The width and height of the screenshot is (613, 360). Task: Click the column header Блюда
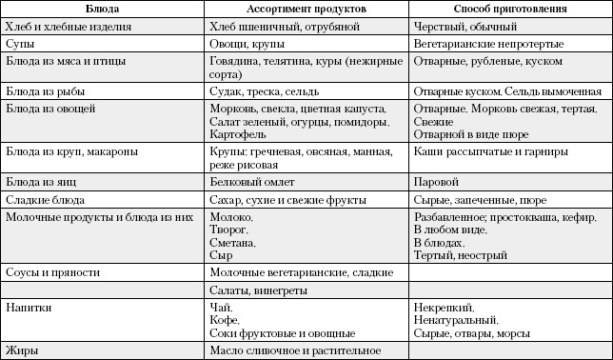click(102, 10)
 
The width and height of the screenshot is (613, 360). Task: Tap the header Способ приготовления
click(510, 10)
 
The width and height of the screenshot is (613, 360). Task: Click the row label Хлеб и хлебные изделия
click(69, 28)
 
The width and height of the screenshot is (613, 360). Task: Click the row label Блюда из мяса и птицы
click(64, 61)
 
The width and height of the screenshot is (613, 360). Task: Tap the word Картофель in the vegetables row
click(237, 135)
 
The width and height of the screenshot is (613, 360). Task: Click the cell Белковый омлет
click(250, 182)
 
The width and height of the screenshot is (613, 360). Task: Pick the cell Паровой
click(437, 182)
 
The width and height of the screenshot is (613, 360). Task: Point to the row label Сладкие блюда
click(45, 200)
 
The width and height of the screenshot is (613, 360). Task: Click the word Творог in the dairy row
click(228, 230)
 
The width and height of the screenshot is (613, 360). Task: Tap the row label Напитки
click(29, 308)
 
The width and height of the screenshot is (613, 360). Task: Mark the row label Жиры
click(22, 350)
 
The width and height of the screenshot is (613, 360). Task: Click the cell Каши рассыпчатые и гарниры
click(491, 151)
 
